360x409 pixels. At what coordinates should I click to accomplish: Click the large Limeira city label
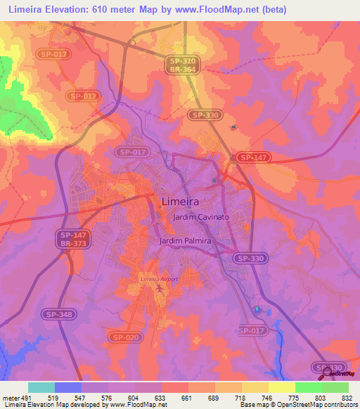pyautogui.click(x=180, y=201)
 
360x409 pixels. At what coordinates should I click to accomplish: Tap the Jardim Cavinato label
pyautogui.click(x=201, y=218)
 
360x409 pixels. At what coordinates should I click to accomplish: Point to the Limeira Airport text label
pyautogui.click(x=159, y=279)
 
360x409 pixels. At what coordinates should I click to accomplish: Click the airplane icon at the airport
pyautogui.click(x=160, y=287)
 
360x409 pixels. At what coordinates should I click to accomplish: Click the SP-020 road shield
pyautogui.click(x=125, y=337)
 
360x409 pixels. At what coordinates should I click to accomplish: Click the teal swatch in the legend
pyautogui.click(x=41, y=387)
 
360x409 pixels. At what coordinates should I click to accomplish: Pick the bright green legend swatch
pyautogui.click(x=309, y=387)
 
